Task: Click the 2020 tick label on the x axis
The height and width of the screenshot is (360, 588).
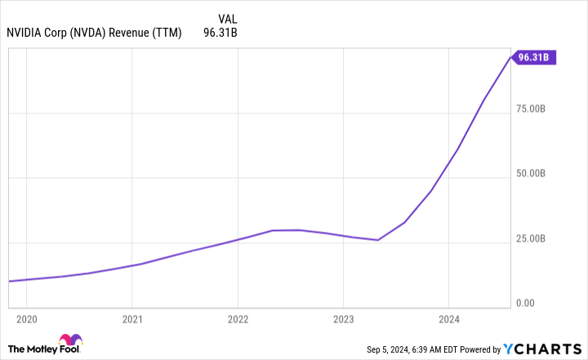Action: tap(26, 318)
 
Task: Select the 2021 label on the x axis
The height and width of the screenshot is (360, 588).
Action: tap(132, 318)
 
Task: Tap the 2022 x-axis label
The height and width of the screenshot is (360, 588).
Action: tap(238, 318)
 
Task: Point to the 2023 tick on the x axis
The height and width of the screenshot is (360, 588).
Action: tap(344, 318)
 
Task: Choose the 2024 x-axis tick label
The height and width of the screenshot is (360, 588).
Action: tap(449, 318)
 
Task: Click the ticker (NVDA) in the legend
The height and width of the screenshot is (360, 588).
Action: tap(100, 33)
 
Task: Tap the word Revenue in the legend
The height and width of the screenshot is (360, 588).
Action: tap(145, 33)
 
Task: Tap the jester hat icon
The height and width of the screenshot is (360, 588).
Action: tap(71, 342)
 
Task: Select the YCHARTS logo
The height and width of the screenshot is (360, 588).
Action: tap(542, 349)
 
